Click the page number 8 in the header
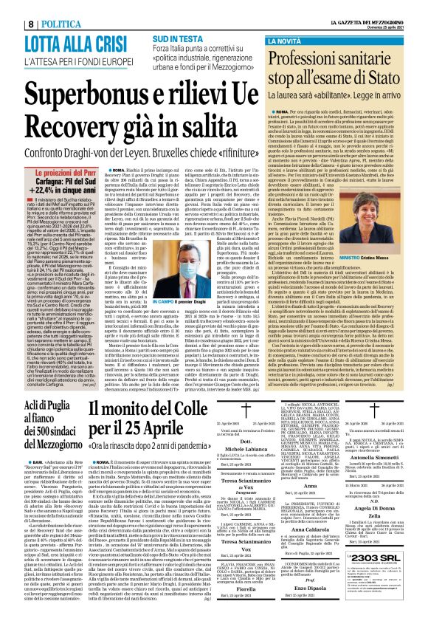pyautogui.click(x=9, y=5)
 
